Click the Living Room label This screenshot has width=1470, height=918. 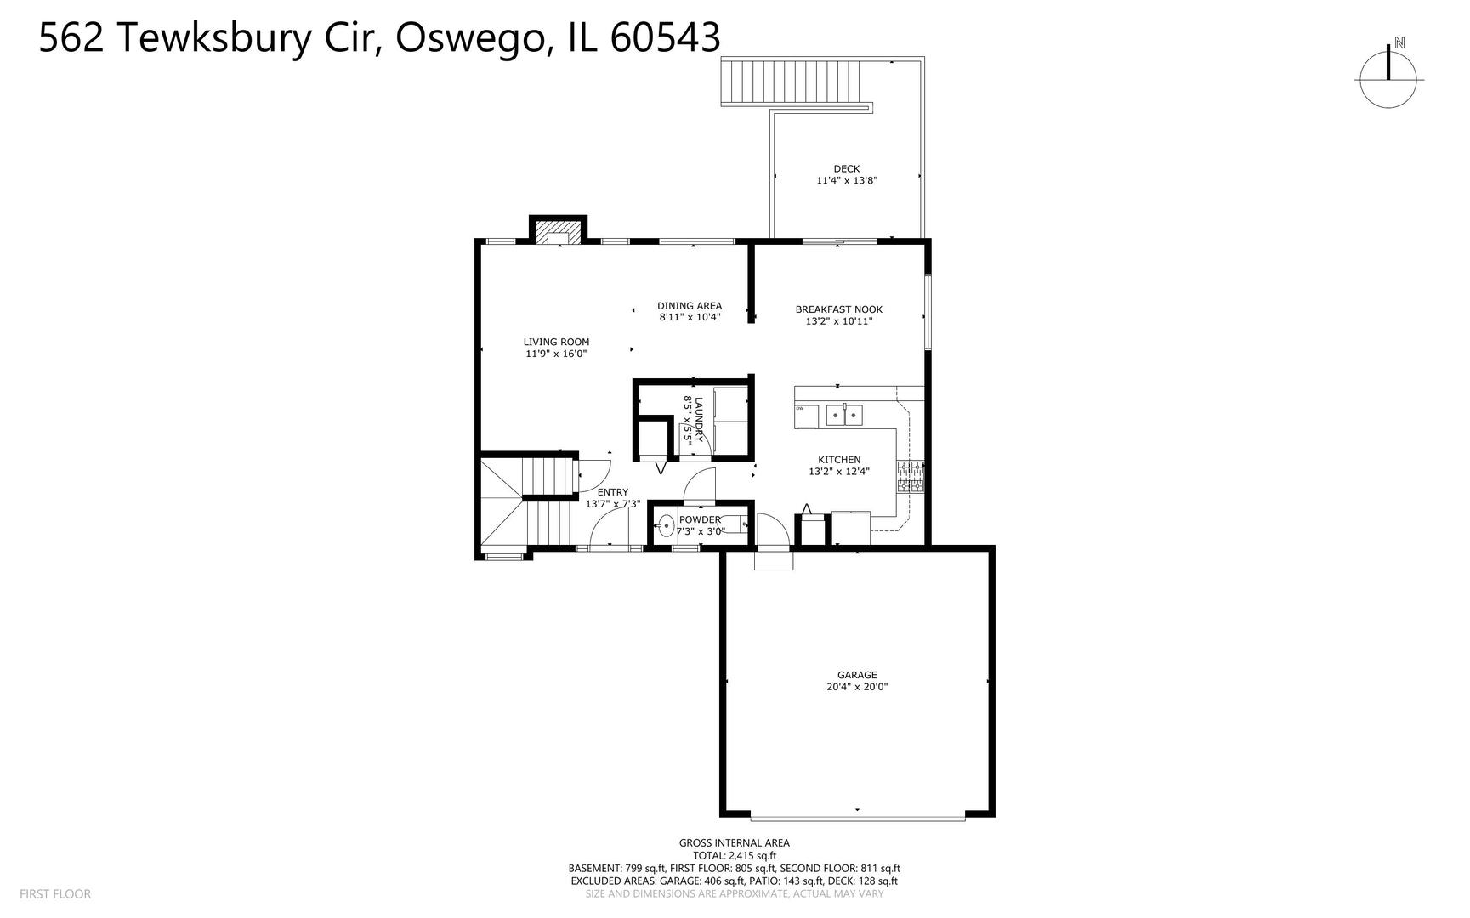556,342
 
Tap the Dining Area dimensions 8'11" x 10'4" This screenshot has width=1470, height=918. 690,317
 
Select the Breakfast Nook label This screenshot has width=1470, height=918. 838,309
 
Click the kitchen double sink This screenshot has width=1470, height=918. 843,416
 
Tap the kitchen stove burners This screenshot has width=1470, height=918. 910,476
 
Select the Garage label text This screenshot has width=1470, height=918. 856,675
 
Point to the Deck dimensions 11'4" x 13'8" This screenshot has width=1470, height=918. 846,180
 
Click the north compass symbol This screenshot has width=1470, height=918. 1388,78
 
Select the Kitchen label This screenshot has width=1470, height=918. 839,460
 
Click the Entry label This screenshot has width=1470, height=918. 612,492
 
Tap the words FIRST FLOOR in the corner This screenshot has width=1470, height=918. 54,893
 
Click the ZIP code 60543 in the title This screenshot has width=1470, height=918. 665,37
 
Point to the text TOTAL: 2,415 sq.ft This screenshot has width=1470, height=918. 734,855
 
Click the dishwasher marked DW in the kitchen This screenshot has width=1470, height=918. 805,416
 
